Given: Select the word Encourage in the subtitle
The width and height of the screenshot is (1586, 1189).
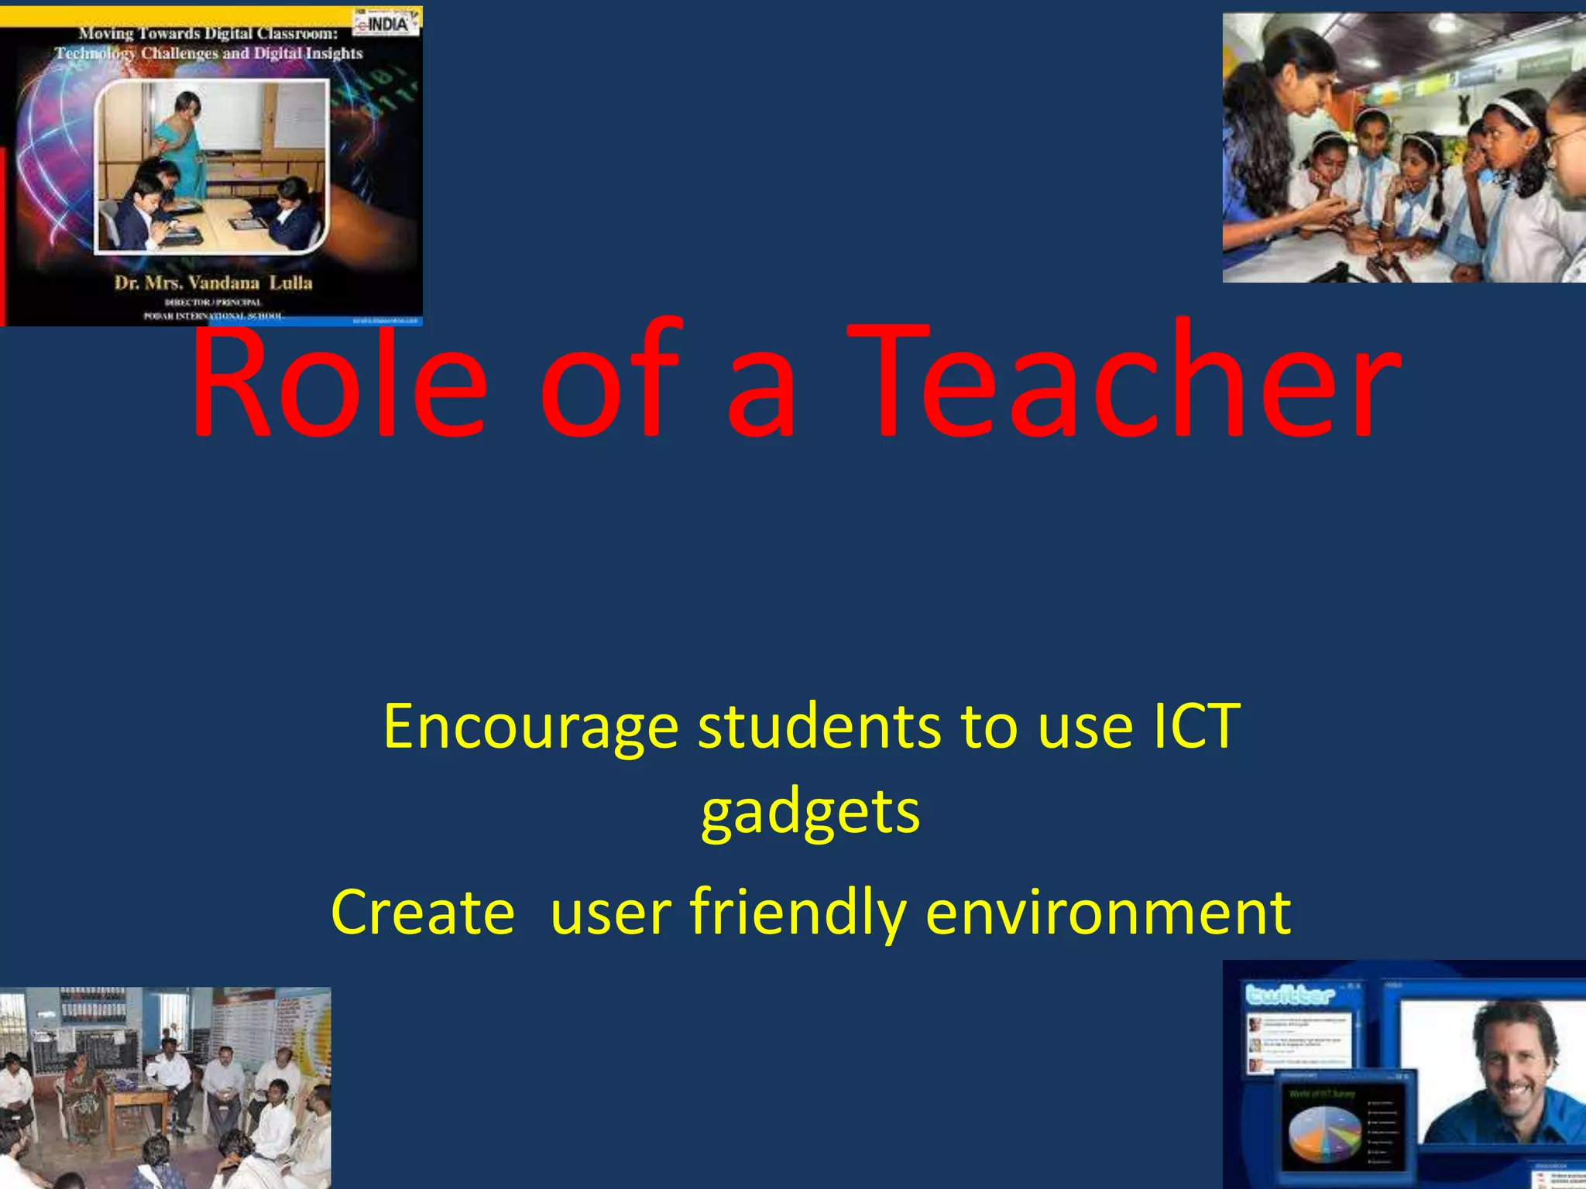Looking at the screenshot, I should pyautogui.click(x=530, y=728).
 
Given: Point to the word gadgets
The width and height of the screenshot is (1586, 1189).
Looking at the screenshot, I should pyautogui.click(x=810, y=813).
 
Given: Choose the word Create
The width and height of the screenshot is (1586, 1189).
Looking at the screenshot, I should pyautogui.click(x=423, y=913).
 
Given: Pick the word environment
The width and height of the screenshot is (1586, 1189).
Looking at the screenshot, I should pyautogui.click(x=1108, y=913).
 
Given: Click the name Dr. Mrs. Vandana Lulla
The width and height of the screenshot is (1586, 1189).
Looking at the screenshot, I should pyautogui.click(x=213, y=283).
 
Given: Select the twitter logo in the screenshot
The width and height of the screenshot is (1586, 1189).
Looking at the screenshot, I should pyautogui.click(x=1289, y=995).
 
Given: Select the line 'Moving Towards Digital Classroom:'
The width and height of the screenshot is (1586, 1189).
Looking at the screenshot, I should pyautogui.click(x=208, y=34).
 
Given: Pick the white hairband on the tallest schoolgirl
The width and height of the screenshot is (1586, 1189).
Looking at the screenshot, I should pyautogui.click(x=1511, y=112).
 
